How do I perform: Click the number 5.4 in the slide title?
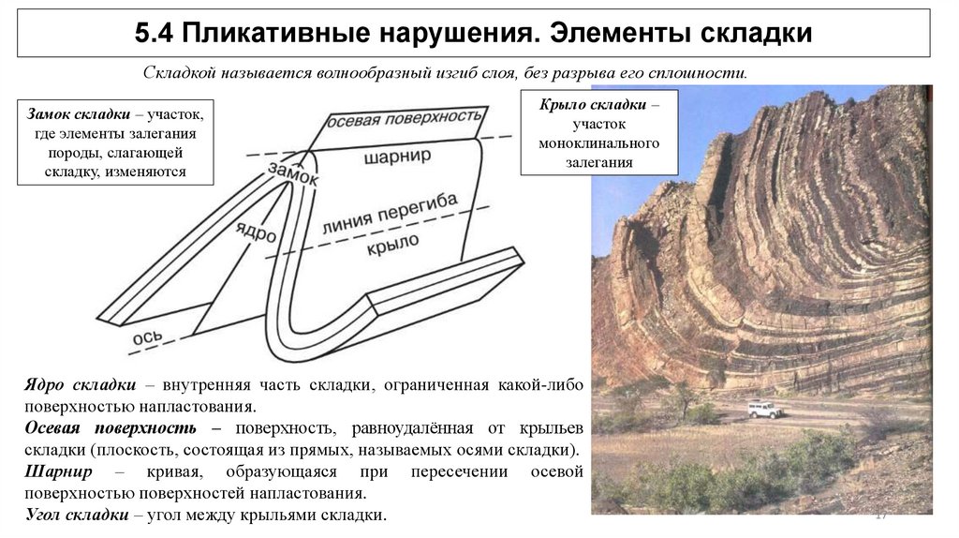(154, 34)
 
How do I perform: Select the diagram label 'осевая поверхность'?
(405, 119)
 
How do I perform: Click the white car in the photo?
(764, 410)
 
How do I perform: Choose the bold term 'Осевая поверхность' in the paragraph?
(111, 428)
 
